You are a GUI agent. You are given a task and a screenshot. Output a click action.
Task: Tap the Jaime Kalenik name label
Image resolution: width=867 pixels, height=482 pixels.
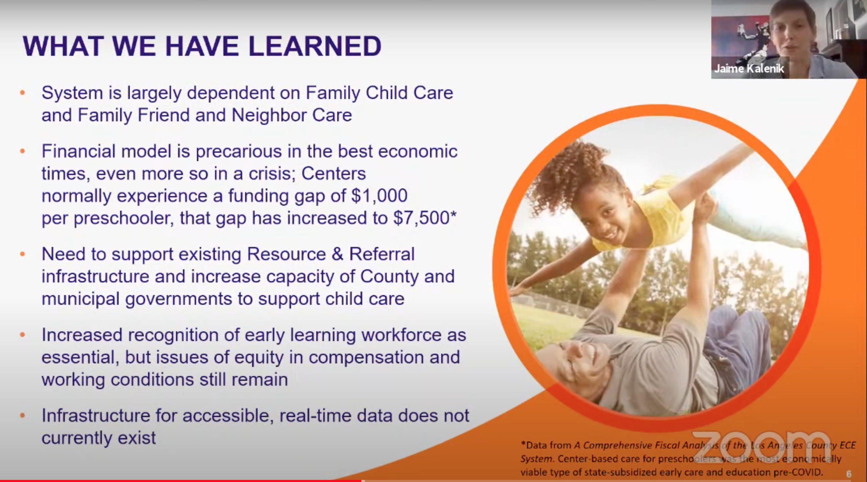[749, 68]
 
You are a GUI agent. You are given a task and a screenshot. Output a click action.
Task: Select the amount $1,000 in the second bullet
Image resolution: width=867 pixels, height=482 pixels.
[379, 195]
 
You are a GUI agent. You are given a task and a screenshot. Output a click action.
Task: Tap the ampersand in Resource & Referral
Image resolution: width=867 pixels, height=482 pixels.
[337, 254]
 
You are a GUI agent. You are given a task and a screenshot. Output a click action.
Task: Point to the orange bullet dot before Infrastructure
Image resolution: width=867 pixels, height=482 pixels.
[23, 416]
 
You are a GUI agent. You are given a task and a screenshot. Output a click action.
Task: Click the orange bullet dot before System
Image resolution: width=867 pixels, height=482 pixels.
[23, 93]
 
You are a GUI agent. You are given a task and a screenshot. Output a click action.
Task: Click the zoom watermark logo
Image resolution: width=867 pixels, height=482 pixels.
[761, 448]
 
